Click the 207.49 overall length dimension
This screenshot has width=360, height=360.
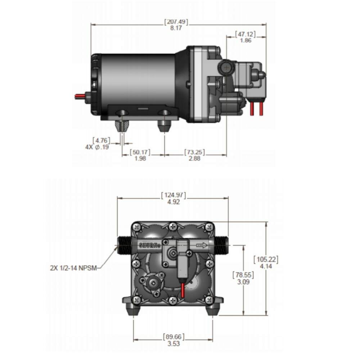176,22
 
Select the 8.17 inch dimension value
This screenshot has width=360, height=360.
176,28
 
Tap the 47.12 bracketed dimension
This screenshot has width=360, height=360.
245,34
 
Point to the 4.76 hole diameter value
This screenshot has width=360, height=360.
101,140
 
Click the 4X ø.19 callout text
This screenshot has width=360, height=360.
96,147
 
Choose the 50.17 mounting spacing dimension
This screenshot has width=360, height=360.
140,152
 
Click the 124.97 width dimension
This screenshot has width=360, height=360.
174,195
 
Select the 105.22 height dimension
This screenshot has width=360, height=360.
266,259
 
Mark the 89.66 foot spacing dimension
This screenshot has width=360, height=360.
174,337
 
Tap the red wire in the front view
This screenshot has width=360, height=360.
183,289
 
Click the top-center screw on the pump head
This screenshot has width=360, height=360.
173,226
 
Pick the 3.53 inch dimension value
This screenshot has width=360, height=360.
174,343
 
